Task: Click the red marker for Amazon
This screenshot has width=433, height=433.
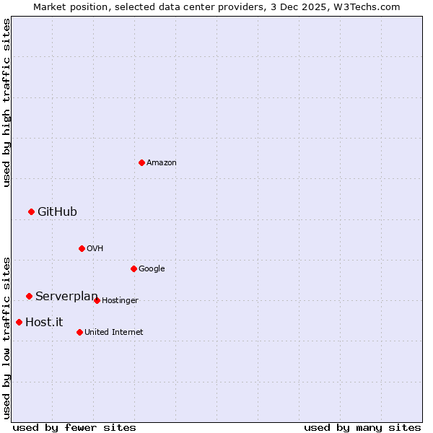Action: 141,162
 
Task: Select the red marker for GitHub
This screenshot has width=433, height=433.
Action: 31,211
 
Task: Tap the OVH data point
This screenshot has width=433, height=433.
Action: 82,248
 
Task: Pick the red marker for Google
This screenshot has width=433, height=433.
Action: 134,268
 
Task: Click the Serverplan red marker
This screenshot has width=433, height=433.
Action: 29,296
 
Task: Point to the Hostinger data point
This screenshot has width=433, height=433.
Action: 97,300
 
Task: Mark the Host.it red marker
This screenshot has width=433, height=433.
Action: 19,322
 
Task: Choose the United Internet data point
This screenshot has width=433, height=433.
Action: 79,332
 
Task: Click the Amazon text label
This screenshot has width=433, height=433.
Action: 162,163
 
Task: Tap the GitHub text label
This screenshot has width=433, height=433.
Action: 57,211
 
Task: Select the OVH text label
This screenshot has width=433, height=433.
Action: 95,249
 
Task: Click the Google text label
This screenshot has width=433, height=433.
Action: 152,269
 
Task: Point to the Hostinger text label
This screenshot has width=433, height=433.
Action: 120,301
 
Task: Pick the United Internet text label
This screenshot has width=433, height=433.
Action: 114,333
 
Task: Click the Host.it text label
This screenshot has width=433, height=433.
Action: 44,323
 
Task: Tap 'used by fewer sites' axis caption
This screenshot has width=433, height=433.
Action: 74,427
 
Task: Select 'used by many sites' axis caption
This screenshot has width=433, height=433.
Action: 362,427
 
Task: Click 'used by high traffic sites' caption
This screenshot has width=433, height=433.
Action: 6,102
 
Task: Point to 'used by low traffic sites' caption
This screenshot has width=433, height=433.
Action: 6,337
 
